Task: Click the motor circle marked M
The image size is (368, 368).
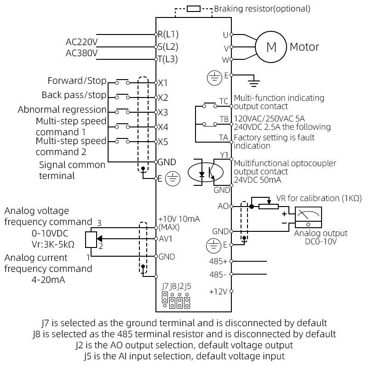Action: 271,46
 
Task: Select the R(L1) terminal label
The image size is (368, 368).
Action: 168,34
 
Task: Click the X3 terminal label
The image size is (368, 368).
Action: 163,112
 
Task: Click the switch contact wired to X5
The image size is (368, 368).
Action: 122,141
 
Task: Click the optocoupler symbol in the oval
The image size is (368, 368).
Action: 206,172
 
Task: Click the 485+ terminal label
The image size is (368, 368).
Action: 218,261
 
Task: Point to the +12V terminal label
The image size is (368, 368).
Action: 218,291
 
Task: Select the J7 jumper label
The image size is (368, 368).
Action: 165,286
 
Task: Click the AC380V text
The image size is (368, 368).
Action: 81,53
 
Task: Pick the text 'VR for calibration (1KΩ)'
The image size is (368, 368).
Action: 319,198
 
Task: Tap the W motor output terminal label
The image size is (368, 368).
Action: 225,59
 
